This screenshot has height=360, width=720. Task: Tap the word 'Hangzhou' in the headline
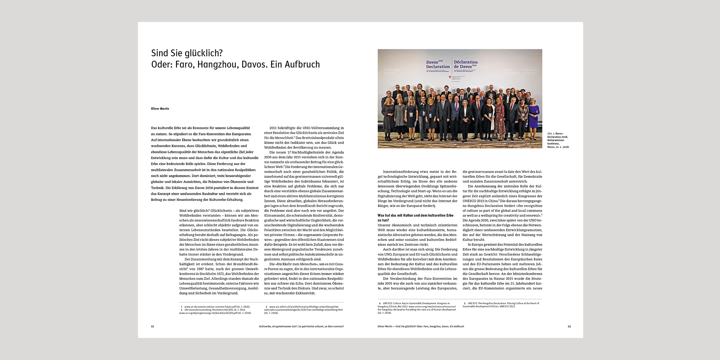pyautogui.click(x=218, y=65)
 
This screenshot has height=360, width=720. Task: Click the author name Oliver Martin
pyautogui.click(x=160, y=109)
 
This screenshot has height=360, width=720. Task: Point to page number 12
pyautogui.click(x=152, y=327)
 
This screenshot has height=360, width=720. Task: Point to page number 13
pyautogui.click(x=569, y=327)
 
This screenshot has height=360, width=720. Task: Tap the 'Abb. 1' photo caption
pyautogui.click(x=558, y=140)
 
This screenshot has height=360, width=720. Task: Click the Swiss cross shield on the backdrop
pyautogui.click(x=450, y=77)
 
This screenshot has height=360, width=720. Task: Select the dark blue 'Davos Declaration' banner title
pyautogui.click(x=437, y=64)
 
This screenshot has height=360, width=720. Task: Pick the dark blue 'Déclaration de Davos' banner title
pyautogui.click(x=465, y=64)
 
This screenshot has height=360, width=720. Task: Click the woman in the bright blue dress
pyautogui.click(x=534, y=115)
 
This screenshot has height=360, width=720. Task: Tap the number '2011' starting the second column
pyautogui.click(x=273, y=128)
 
